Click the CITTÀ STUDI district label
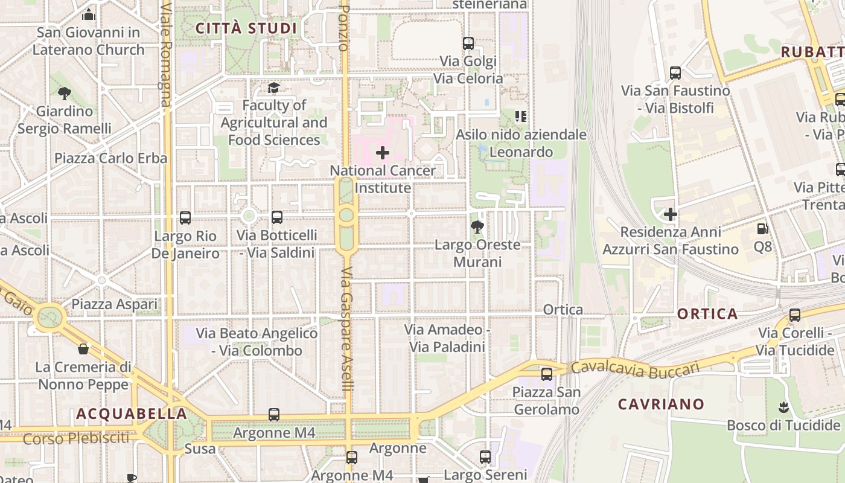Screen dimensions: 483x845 pyautogui.click(x=246, y=28)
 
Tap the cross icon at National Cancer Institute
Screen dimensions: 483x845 pyautogui.click(x=383, y=153)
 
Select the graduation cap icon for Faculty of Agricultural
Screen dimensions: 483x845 pyautogui.click(x=274, y=88)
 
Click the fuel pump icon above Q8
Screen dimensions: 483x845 pyautogui.click(x=763, y=229)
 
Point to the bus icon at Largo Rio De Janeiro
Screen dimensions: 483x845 pyautogui.click(x=185, y=218)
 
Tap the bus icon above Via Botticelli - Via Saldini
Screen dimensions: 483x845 pyautogui.click(x=277, y=217)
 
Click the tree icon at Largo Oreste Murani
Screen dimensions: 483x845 pyautogui.click(x=477, y=227)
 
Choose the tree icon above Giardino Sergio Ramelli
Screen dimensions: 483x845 pyautogui.click(x=65, y=93)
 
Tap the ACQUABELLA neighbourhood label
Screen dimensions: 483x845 pyautogui.click(x=132, y=414)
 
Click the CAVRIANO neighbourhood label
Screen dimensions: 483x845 pyautogui.click(x=661, y=404)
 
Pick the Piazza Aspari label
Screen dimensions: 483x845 pyautogui.click(x=115, y=304)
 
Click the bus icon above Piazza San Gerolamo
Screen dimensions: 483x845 pyautogui.click(x=547, y=374)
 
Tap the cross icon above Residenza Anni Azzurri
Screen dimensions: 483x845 pyautogui.click(x=671, y=214)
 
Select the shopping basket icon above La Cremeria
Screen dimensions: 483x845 pyautogui.click(x=83, y=349)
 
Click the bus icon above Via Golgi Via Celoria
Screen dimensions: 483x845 pyautogui.click(x=468, y=43)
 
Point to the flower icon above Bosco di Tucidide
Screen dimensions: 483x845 pyautogui.click(x=784, y=407)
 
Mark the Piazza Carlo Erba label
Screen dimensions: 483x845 pyautogui.click(x=111, y=158)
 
